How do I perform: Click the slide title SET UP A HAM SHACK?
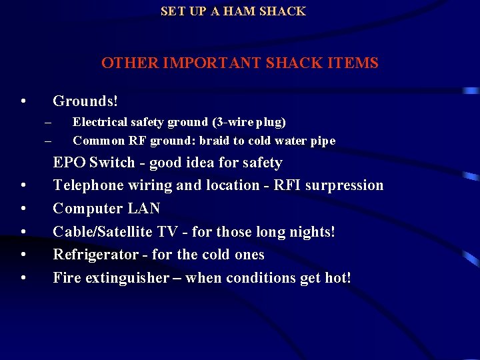coord(233,11)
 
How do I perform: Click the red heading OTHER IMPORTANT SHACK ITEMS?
coord(240,63)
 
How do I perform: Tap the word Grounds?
coord(85,101)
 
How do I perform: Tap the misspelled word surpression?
coord(344,185)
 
